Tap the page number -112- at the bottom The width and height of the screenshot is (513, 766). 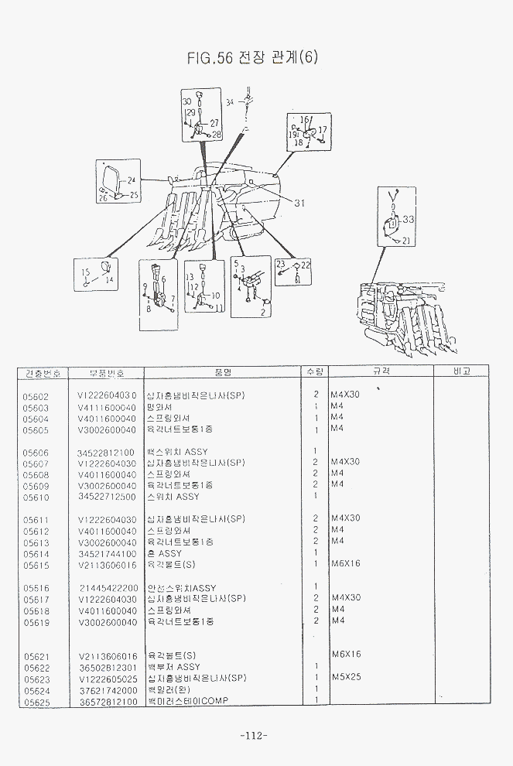253,735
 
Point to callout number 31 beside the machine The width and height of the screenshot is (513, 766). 299,203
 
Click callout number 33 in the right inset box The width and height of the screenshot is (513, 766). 409,219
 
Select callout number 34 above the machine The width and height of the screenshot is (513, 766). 230,101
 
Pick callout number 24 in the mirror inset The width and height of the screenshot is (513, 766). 131,180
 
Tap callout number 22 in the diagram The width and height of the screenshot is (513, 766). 305,265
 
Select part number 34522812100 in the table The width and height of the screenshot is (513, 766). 106,452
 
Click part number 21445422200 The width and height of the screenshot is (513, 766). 108,588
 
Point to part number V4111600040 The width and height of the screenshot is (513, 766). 107,407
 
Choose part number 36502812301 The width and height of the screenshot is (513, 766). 107,667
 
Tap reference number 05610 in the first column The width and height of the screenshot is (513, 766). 36,498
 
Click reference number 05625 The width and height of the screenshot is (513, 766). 36,702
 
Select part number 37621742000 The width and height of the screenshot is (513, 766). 107,690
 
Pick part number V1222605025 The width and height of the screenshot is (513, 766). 107,679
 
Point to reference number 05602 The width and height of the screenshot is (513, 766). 36,395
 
